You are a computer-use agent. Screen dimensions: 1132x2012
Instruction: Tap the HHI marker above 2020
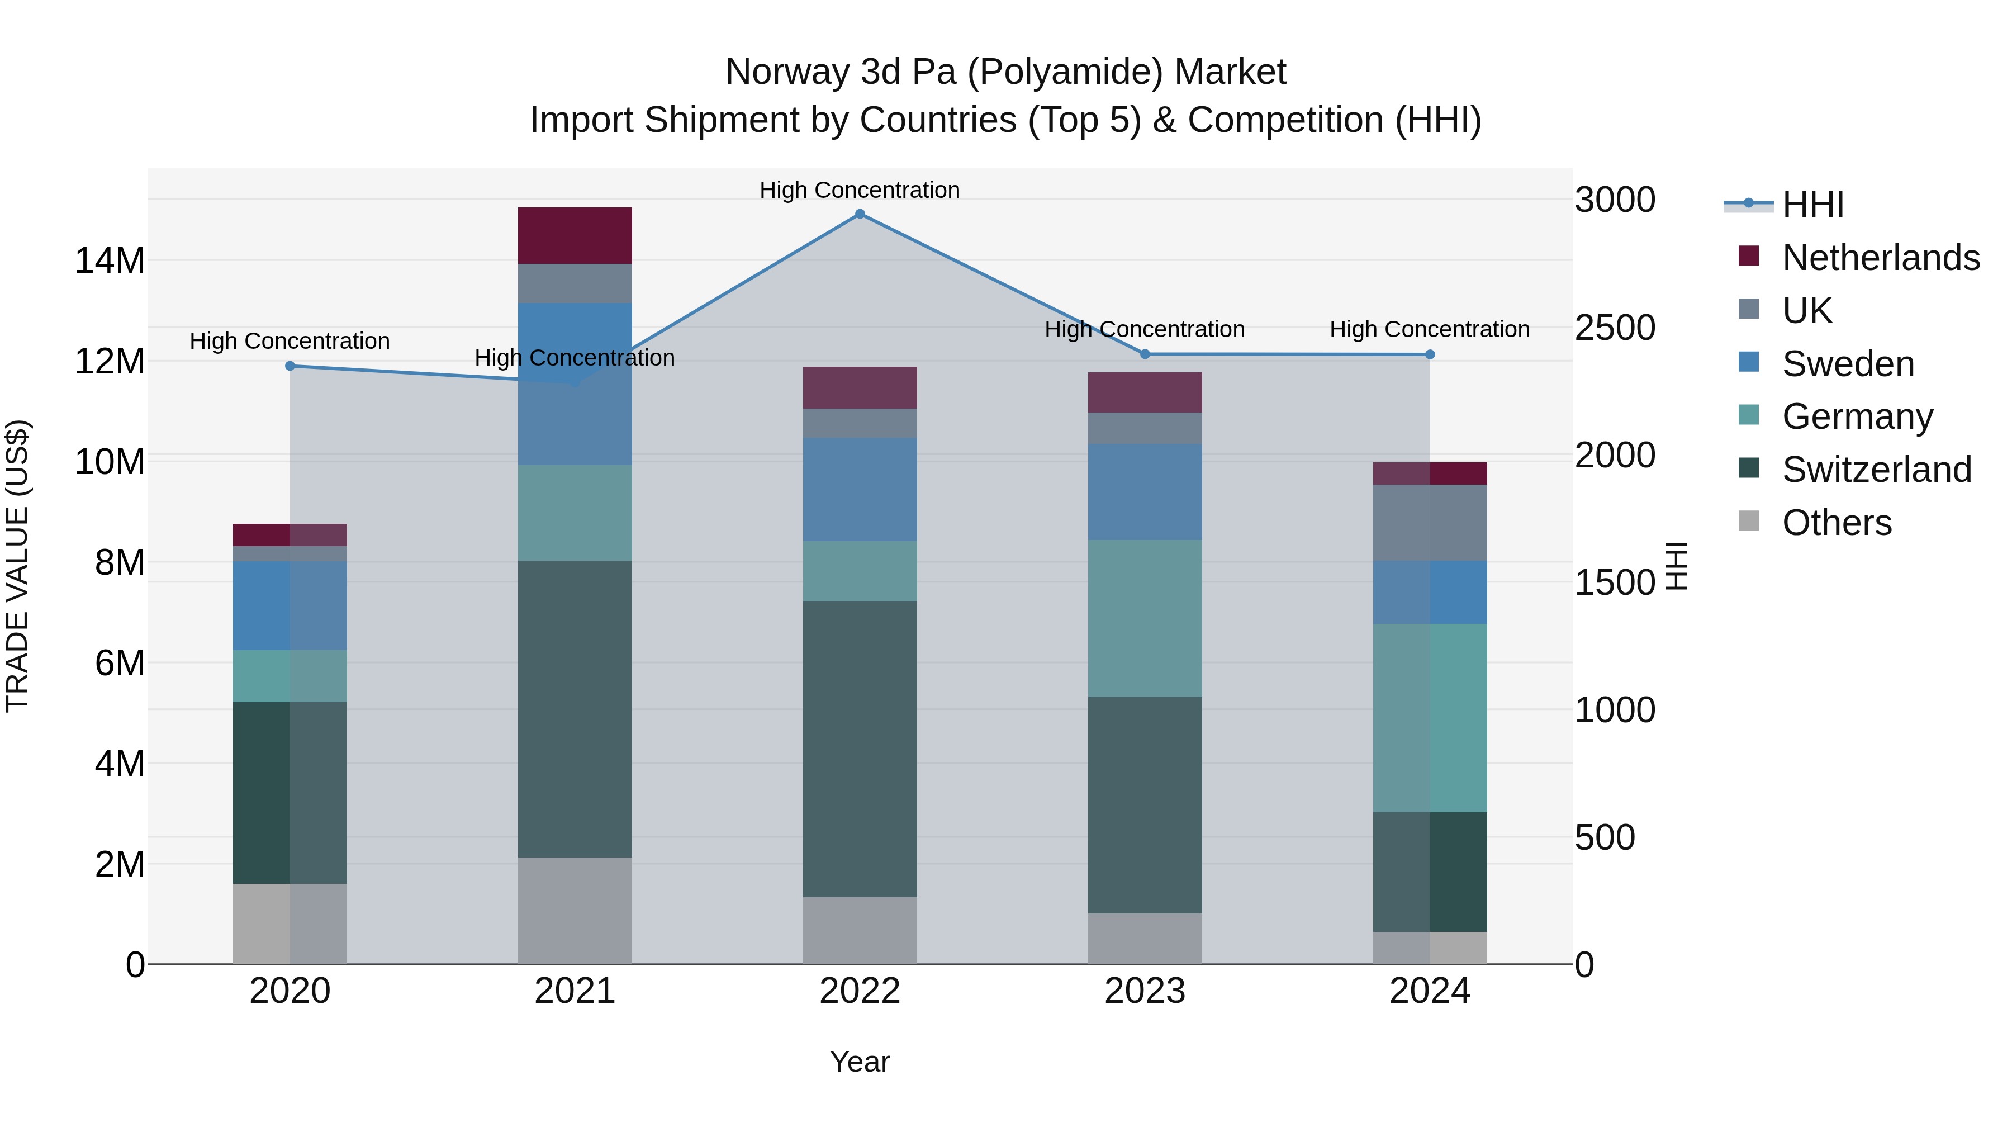click(290, 366)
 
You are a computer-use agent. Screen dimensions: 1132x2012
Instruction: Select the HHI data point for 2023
click(1145, 354)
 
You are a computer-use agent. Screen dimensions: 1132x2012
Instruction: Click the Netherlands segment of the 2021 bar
click(575, 235)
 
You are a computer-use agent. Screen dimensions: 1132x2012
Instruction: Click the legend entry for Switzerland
click(1876, 470)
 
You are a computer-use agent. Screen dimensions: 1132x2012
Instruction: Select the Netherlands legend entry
click(1880, 257)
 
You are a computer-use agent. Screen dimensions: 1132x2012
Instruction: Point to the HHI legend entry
click(1812, 204)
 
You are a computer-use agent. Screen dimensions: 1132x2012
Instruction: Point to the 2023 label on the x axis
click(1145, 991)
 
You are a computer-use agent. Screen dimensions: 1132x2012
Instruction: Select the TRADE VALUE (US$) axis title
click(17, 566)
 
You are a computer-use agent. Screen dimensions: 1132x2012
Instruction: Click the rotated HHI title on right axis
click(1676, 566)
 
